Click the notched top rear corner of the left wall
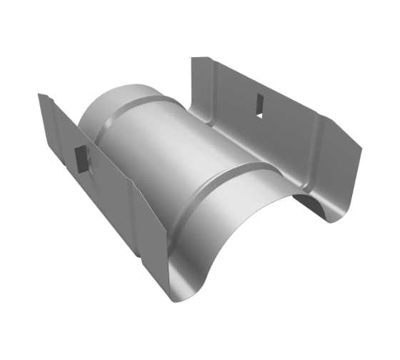pos(41,95)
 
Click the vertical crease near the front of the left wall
pos(132,214)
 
